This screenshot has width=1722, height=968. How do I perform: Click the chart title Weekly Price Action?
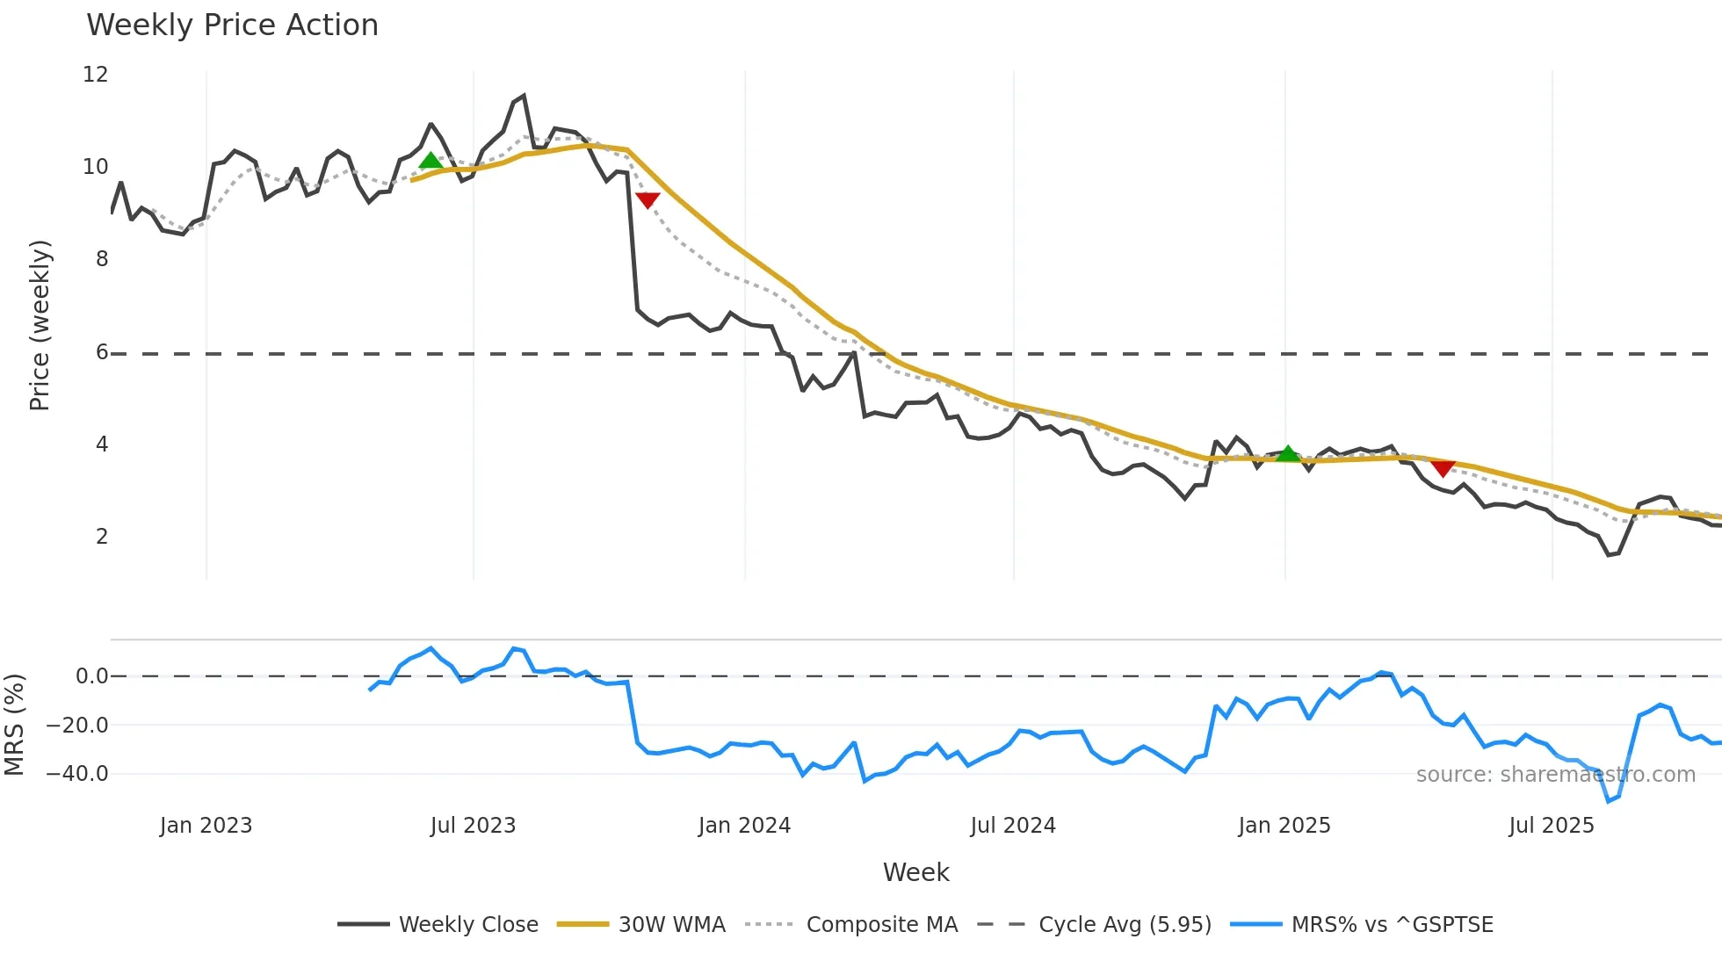(232, 25)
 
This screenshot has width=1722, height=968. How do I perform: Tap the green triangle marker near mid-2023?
(430, 161)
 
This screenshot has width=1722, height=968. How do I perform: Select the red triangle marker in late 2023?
(648, 200)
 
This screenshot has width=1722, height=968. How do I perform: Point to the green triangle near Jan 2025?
(1287, 454)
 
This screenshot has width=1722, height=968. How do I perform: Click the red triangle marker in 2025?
(1443, 468)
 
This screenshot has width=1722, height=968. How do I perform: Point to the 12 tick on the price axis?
(95, 75)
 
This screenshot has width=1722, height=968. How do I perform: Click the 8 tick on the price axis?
(102, 259)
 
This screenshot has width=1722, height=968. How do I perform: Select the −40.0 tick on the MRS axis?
(77, 774)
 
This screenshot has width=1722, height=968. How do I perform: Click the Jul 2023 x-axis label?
(473, 826)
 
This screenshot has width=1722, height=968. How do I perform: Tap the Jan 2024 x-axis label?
(744, 826)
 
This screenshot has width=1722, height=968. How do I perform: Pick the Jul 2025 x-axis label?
(1551, 826)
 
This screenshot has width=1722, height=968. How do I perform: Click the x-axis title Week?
(915, 872)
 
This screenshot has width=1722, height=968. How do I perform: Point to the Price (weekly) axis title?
(40, 325)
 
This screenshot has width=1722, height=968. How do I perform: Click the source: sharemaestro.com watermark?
(1555, 775)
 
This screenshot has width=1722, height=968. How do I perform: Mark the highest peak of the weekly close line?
(524, 96)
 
